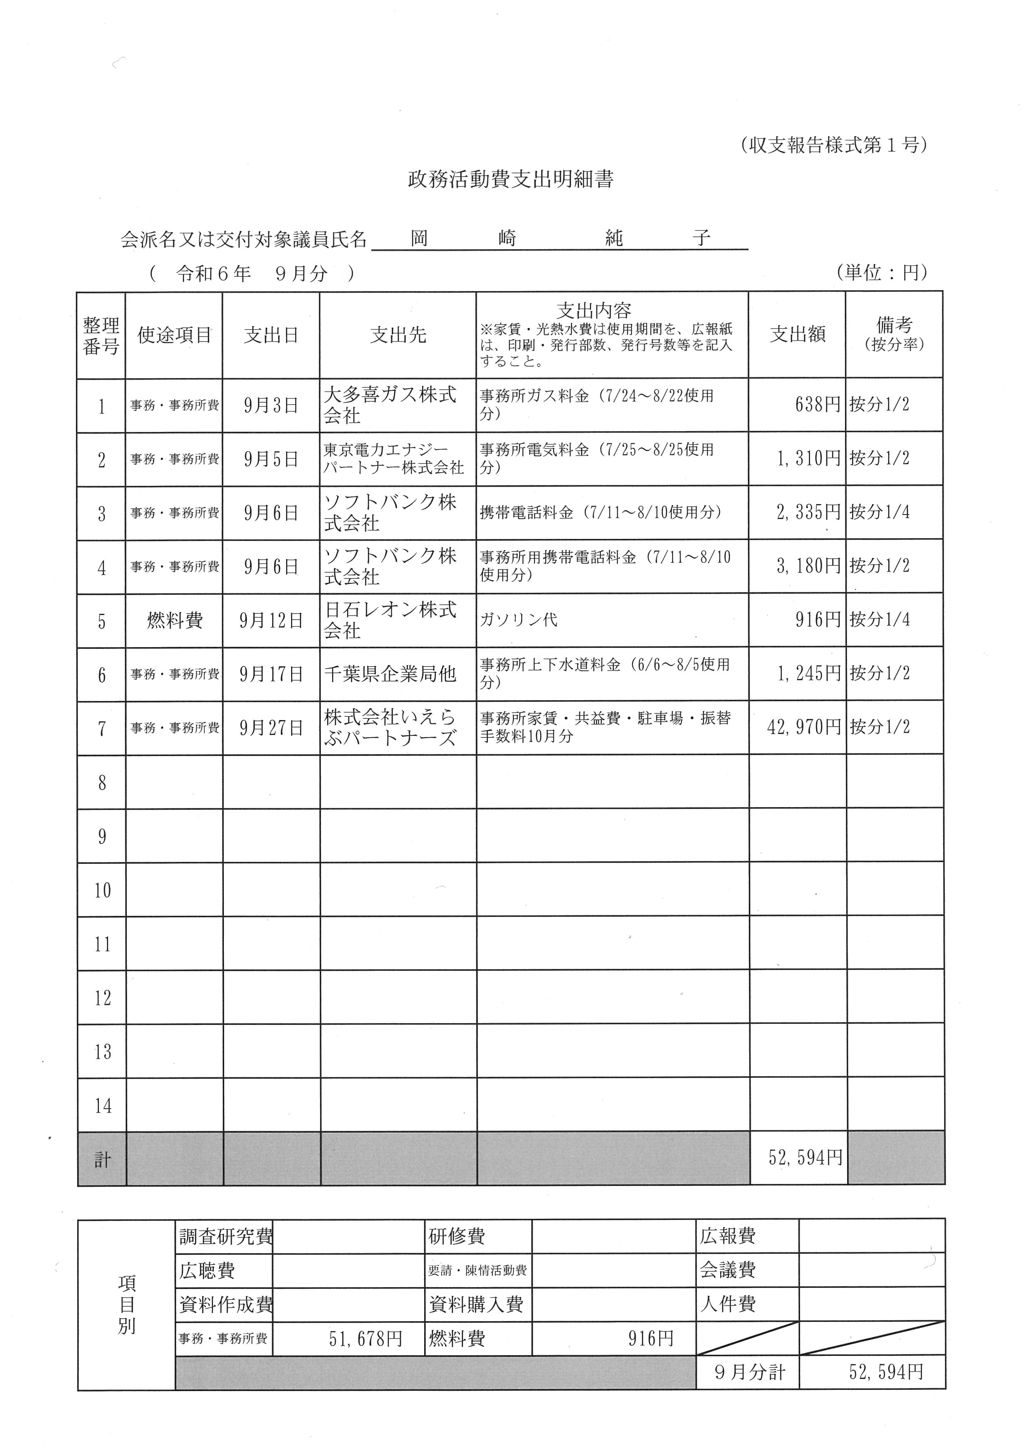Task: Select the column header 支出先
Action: click(x=398, y=335)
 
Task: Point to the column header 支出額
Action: click(x=797, y=335)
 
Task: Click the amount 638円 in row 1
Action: click(x=818, y=404)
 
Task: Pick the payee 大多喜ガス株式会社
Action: click(x=390, y=405)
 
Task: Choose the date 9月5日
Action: click(x=271, y=459)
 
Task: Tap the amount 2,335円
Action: click(x=808, y=512)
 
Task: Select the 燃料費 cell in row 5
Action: click(x=174, y=621)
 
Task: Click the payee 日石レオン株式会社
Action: click(x=390, y=621)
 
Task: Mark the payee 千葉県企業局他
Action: click(x=390, y=674)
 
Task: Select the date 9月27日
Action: click(x=271, y=728)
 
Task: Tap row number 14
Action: click(x=103, y=1106)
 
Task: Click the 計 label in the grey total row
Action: click(x=103, y=1160)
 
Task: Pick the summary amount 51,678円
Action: click(x=366, y=1339)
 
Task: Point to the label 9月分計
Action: click(x=750, y=1373)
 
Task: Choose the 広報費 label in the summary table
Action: click(x=728, y=1236)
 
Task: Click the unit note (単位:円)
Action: click(x=881, y=273)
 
